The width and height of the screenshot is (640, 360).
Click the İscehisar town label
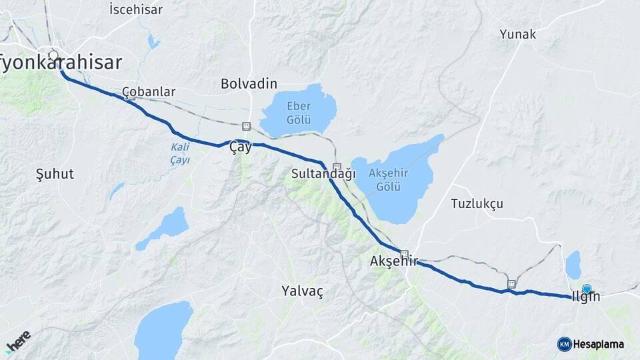click(135, 9)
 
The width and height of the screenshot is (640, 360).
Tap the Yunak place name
click(517, 34)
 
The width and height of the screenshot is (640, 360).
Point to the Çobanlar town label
click(149, 91)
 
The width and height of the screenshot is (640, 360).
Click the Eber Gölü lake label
click(299, 112)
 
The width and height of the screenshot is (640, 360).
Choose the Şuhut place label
click(55, 174)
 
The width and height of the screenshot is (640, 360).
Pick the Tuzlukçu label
click(477, 203)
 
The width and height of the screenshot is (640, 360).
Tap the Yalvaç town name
click(302, 291)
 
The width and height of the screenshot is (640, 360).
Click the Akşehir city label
click(393, 261)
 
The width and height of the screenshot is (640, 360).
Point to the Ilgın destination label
click(586, 297)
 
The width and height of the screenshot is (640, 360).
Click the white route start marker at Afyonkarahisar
click(53, 55)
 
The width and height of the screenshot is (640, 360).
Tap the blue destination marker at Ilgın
click(587, 289)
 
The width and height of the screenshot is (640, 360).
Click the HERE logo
click(18, 341)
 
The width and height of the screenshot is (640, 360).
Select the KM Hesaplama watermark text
click(598, 344)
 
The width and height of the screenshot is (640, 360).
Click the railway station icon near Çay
click(246, 126)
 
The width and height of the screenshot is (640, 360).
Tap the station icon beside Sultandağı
click(337, 167)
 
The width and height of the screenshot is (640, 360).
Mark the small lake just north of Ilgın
click(573, 265)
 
